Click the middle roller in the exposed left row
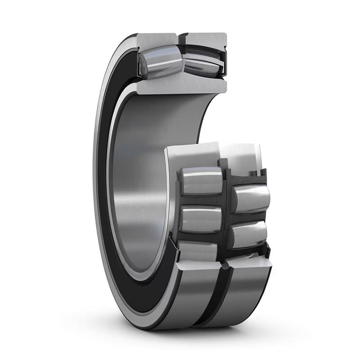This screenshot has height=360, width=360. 200,219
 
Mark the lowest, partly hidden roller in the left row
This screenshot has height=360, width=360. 198,250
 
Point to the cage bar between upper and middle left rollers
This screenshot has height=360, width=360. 200,200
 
